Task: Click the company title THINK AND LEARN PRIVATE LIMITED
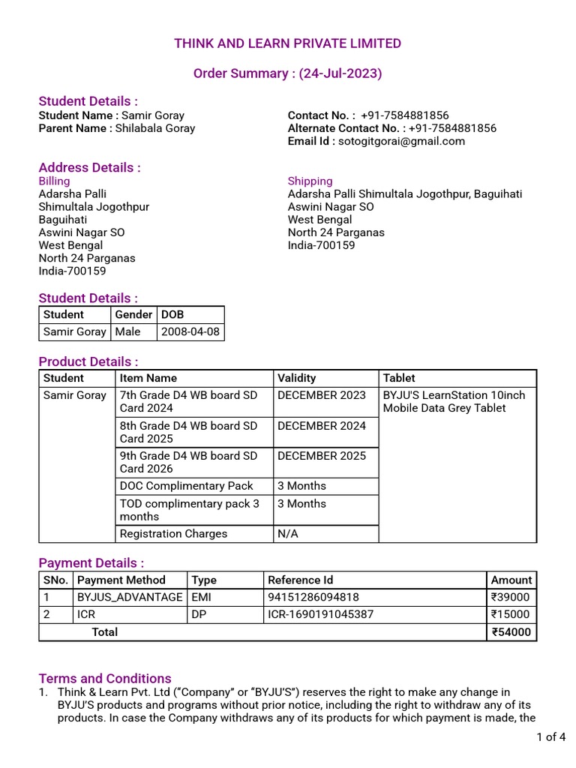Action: click(288, 43)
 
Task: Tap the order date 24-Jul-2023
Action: click(341, 73)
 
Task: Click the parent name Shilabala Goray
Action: click(155, 128)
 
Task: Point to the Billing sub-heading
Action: click(54, 181)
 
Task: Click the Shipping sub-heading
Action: click(310, 181)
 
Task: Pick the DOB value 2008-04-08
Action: click(190, 331)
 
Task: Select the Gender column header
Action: click(133, 314)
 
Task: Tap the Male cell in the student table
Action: click(128, 331)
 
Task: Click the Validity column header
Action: click(297, 378)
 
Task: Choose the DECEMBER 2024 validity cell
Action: click(322, 426)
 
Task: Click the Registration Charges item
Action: click(173, 534)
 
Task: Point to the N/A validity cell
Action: click(288, 534)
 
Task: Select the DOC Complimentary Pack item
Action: click(187, 486)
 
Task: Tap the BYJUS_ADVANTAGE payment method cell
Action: click(130, 598)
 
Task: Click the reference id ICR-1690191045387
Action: click(320, 615)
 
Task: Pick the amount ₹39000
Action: click(510, 598)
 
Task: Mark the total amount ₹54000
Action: click(510, 632)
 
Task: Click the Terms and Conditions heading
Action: click(105, 678)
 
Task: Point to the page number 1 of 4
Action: click(551, 737)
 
